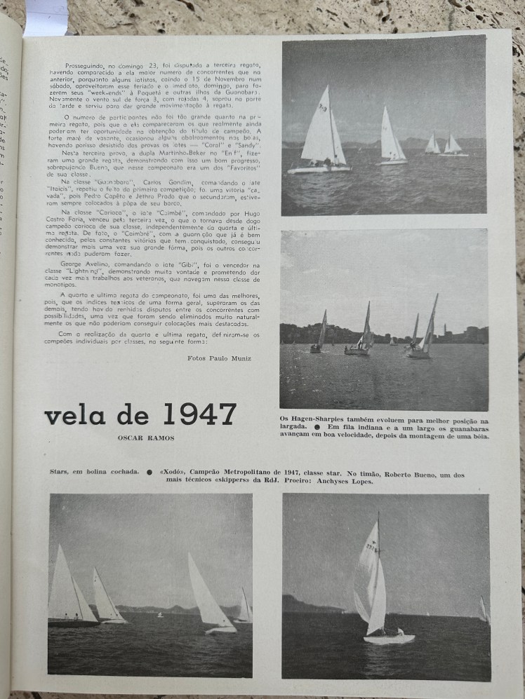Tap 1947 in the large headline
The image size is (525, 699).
pos(199,414)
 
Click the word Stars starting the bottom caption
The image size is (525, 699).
pos(60,473)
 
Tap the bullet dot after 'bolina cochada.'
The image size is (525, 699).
pos(149,473)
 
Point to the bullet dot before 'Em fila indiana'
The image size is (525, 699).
pos(317,428)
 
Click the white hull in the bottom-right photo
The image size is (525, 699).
pos(389,639)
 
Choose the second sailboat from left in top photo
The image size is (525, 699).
pos(390,137)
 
